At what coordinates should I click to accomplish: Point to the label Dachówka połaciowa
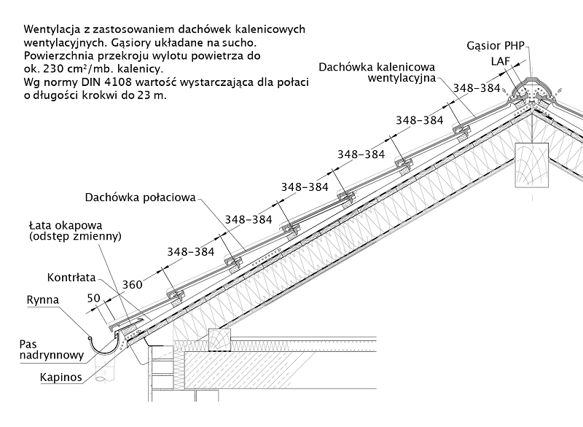137,197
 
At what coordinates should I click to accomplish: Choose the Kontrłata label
71,278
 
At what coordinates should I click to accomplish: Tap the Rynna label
42,299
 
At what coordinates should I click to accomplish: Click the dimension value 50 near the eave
93,298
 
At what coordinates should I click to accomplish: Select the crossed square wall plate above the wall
219,339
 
